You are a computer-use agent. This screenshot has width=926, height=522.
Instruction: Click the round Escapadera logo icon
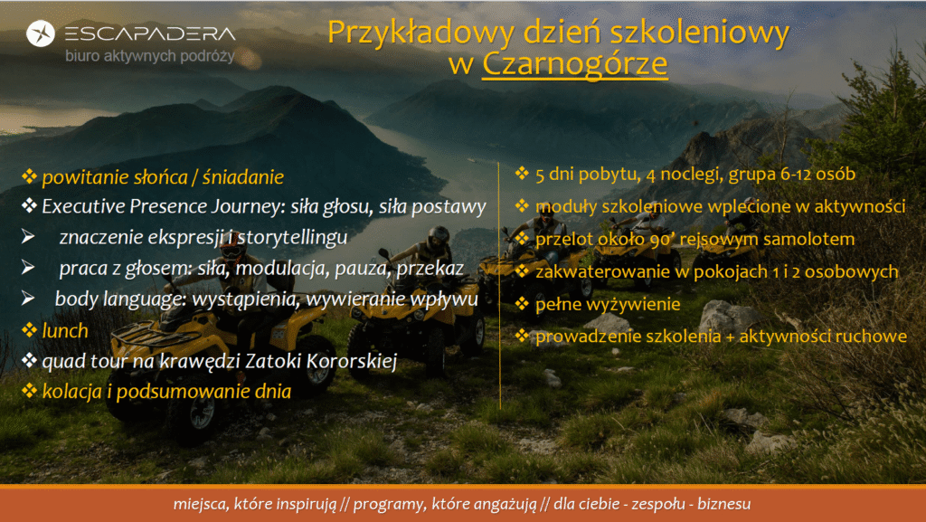click(x=41, y=33)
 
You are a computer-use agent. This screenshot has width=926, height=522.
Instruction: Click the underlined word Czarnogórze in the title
click(x=574, y=64)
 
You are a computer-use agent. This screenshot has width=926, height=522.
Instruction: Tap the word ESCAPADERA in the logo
click(x=150, y=33)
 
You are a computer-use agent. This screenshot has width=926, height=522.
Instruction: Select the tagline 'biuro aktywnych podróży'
click(x=150, y=56)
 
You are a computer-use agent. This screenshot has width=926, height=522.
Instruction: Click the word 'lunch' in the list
click(x=65, y=331)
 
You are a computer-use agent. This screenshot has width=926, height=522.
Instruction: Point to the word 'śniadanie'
click(x=242, y=177)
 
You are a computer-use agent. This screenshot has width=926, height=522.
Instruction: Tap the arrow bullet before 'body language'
click(x=28, y=299)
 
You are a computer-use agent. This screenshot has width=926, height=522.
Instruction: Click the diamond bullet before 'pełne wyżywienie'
click(x=522, y=303)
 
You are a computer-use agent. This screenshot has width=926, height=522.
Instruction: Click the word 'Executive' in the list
click(x=83, y=206)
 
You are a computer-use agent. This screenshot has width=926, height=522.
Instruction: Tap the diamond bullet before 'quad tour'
click(x=29, y=360)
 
